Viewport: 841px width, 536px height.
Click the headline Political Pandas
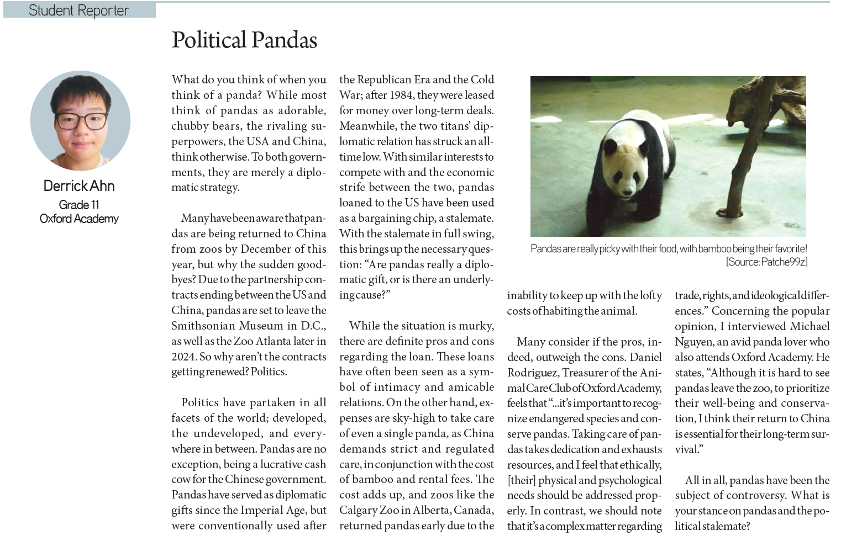244,40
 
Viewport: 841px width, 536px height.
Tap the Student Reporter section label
78,10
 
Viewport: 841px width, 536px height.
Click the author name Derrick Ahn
79,186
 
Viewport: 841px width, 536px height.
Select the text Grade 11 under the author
79,205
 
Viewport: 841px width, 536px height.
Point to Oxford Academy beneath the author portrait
79,219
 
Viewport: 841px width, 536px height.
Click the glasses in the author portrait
81,120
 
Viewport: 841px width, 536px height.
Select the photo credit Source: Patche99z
767,262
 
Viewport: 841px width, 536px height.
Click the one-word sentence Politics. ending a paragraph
269,372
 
